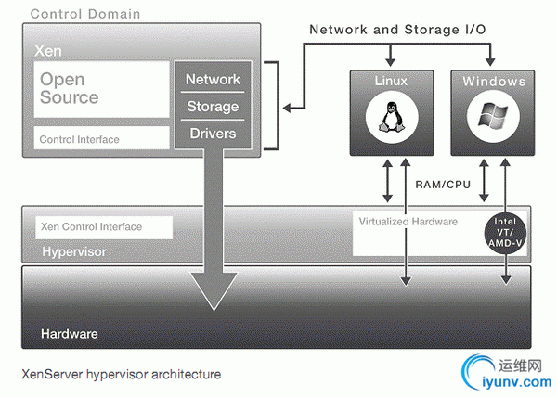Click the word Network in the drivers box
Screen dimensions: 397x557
tap(213, 80)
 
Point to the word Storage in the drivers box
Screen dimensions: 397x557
tap(213, 107)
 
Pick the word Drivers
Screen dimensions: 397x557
tap(213, 134)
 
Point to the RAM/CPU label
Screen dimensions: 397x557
tap(444, 185)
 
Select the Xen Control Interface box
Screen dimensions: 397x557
tap(103, 227)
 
